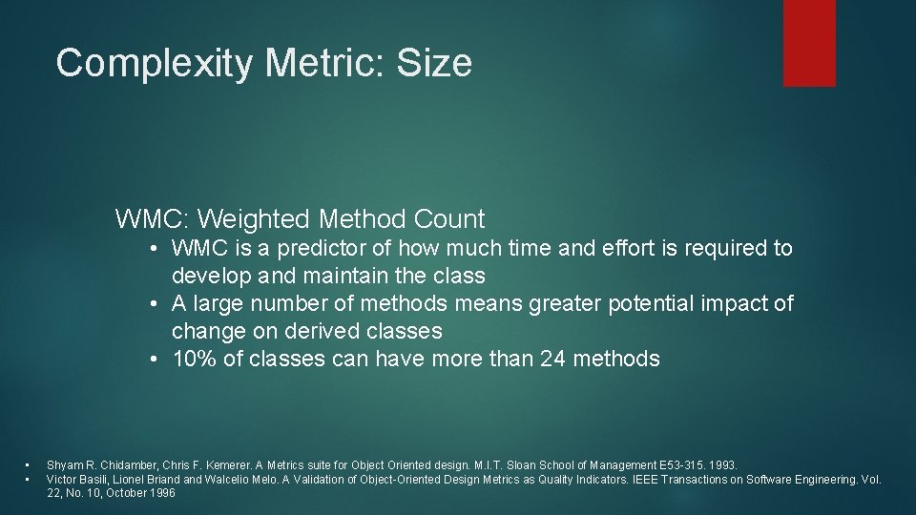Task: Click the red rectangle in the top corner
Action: [809, 43]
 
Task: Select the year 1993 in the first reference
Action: [724, 464]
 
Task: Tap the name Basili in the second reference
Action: [92, 479]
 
